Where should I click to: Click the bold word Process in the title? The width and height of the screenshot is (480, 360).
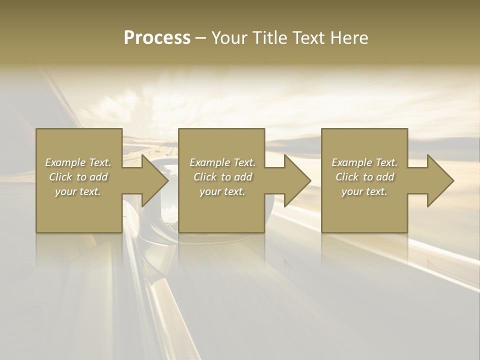click(x=157, y=38)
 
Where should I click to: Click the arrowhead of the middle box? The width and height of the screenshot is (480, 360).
click(x=296, y=180)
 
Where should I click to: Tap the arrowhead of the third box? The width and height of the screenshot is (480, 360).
click(x=439, y=180)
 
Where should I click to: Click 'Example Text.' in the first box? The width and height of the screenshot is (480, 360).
click(x=78, y=162)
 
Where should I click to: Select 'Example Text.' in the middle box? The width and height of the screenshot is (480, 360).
click(x=222, y=162)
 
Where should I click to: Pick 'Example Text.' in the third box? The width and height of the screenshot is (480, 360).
click(x=364, y=162)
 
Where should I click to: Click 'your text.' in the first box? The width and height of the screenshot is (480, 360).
click(x=78, y=191)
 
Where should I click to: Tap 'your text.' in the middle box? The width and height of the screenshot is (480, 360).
click(x=222, y=191)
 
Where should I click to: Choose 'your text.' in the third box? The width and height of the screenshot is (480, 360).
click(x=364, y=191)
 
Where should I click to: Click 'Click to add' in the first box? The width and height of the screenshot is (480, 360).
click(x=78, y=177)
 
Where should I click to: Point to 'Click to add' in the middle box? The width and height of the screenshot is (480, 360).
click(x=222, y=177)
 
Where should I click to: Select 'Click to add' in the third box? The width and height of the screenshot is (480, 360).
click(x=364, y=177)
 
